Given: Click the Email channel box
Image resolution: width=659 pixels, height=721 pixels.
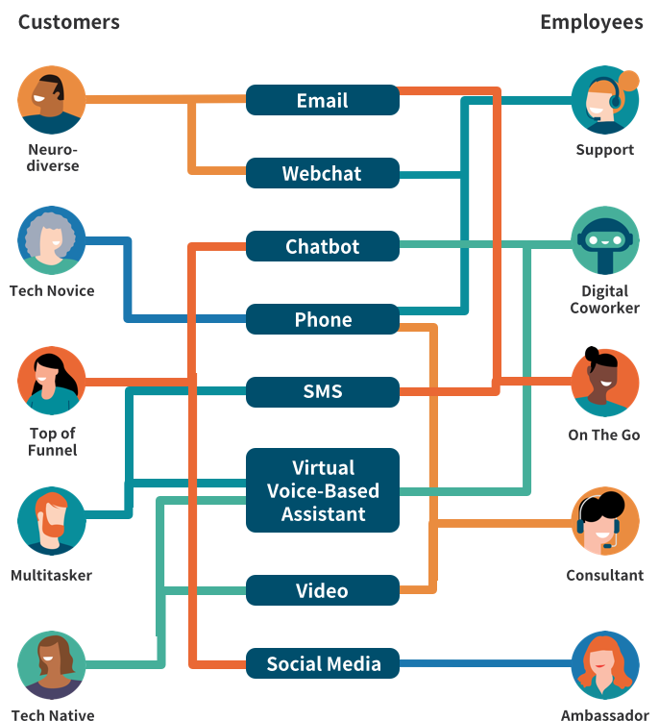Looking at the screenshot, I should (x=322, y=100).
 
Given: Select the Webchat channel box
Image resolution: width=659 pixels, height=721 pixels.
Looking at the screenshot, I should (x=322, y=173).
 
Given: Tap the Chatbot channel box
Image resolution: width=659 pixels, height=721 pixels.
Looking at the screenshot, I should (x=322, y=246).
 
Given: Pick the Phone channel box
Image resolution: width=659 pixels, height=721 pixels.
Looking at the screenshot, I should (x=322, y=319).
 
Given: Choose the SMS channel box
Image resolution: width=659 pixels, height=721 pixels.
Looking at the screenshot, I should (x=322, y=392).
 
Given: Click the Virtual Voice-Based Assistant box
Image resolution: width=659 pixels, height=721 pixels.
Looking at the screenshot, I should (x=322, y=490).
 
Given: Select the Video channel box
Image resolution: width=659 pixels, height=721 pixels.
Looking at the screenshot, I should (x=322, y=590).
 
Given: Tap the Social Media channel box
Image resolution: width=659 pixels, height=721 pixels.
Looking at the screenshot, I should (x=322, y=663).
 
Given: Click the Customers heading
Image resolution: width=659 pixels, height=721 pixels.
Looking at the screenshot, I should (x=68, y=22).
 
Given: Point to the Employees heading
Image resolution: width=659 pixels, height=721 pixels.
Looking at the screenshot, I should (x=591, y=22).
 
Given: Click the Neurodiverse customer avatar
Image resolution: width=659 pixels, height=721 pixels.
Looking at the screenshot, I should (x=52, y=100).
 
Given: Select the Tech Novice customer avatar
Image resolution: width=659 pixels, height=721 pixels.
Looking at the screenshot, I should (x=52, y=240).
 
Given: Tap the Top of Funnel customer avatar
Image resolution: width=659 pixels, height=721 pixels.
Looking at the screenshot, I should (x=52, y=381).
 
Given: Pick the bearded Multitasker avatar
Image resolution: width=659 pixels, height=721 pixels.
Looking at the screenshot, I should (x=52, y=521).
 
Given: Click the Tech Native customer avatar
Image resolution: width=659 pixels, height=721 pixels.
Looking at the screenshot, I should (x=52, y=664).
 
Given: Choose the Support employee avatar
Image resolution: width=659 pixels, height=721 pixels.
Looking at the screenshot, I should (x=605, y=100).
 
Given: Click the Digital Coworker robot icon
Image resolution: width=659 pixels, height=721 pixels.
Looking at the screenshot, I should (x=605, y=240).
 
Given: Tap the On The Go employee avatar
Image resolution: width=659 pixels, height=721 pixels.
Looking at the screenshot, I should (x=605, y=382).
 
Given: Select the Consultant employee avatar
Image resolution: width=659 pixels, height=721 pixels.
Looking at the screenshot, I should (x=605, y=522).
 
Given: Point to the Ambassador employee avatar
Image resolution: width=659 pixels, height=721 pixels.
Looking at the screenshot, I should (x=605, y=664).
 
